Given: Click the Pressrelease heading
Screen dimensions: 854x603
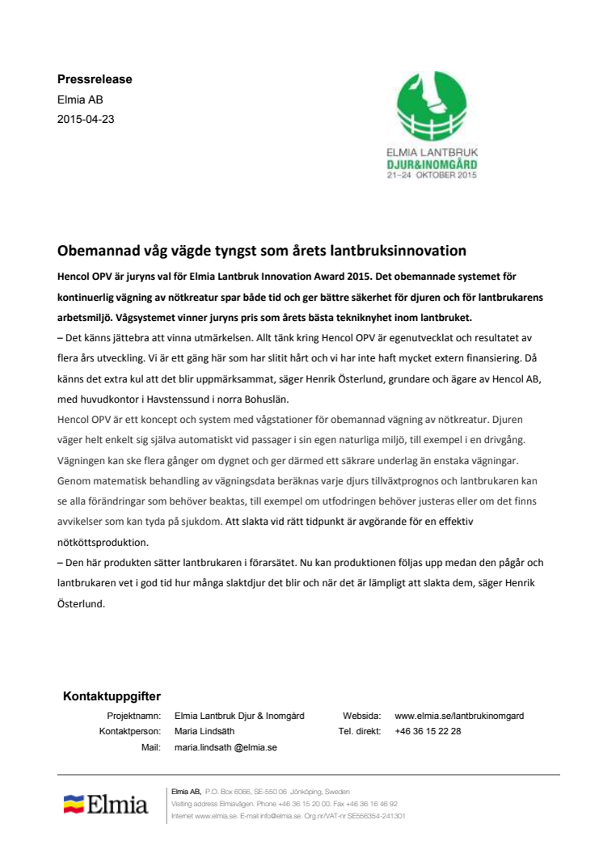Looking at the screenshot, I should (95, 79).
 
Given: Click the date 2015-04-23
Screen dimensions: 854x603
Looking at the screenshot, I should (85, 119).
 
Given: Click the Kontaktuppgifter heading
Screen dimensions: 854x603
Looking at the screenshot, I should (112, 695).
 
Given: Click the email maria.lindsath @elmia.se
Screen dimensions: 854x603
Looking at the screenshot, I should (226, 747).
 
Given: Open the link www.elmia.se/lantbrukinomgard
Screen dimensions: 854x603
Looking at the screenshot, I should (459, 716).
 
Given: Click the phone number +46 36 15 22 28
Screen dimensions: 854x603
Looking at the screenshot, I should (428, 731).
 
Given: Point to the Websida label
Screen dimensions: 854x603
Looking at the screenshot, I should (361, 716).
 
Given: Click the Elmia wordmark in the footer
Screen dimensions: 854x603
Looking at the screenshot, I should (118, 805).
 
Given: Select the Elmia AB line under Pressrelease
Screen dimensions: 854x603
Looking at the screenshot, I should (80, 99).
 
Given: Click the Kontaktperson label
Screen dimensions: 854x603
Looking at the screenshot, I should (130, 731).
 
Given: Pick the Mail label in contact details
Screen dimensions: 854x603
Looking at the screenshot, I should (151, 747).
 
